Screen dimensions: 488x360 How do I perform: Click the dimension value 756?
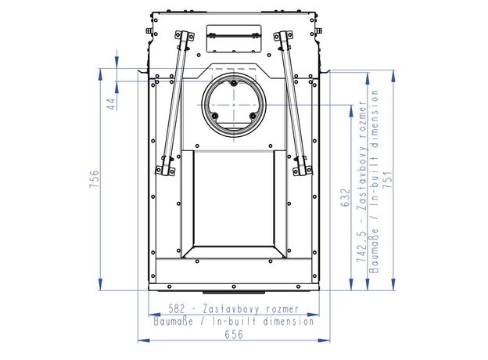(x=95, y=178)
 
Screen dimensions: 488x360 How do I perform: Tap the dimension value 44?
(x=111, y=104)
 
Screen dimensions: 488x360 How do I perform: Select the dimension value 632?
(x=345, y=198)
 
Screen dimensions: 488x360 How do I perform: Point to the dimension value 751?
(x=387, y=179)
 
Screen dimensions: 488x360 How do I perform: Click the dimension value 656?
(x=234, y=334)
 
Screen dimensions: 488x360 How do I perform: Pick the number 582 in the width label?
(x=177, y=309)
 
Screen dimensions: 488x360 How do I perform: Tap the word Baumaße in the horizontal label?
(x=174, y=321)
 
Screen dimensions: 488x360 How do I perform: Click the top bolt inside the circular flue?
(x=234, y=83)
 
